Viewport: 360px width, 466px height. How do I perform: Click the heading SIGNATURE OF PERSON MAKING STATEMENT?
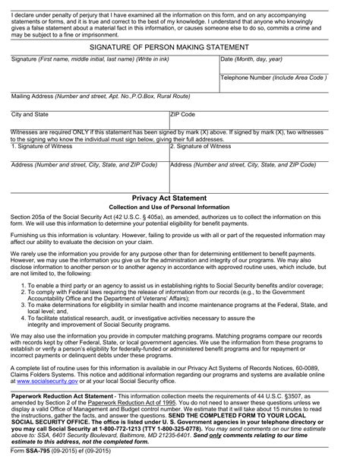(180, 47)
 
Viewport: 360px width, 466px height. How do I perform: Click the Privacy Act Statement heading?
(180, 197)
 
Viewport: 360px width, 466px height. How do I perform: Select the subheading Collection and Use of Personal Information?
(180, 207)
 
